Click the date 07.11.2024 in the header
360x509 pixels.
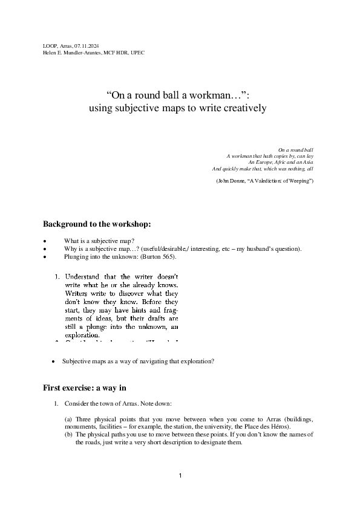pos(85,46)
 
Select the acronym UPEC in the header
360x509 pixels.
pos(136,53)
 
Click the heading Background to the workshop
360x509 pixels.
pos(97,224)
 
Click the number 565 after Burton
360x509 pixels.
pos(166,256)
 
